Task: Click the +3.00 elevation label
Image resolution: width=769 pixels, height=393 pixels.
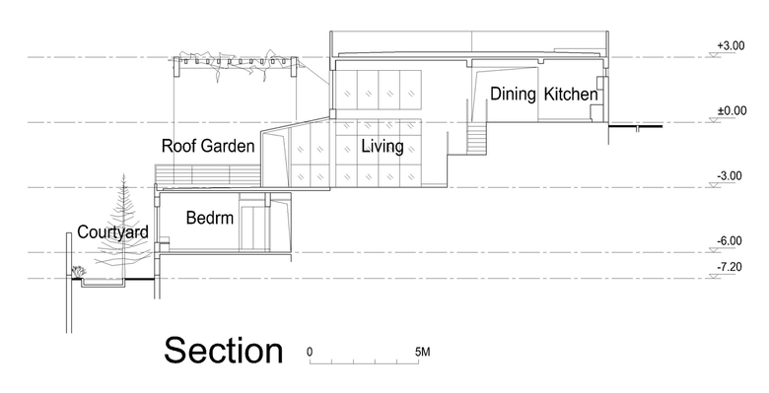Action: pos(731,45)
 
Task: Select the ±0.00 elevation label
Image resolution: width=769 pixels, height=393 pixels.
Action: pos(732,110)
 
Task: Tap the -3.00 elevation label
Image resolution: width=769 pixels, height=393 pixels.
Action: pos(730,176)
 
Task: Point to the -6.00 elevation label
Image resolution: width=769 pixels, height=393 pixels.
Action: pos(730,241)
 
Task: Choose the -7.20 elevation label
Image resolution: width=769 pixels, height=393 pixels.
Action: pos(730,267)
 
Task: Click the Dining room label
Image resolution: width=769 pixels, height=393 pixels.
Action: pos(513,94)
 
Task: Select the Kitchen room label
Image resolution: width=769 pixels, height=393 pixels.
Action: pos(571,94)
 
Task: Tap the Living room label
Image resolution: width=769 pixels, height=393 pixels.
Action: pos(383,146)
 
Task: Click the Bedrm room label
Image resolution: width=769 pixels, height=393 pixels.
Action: pos(210,218)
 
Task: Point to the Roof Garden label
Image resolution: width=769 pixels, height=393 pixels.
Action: pos(208,146)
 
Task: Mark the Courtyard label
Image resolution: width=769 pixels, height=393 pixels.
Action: pos(112,231)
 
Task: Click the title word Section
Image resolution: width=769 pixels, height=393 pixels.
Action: pos(224,351)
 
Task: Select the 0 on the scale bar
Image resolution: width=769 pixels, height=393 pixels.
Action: pos(310,352)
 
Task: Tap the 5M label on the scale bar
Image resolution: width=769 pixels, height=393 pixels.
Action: pos(422,352)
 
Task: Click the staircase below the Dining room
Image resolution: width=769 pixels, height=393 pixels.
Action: pos(476,137)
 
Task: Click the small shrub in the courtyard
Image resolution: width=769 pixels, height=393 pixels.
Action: pos(79,271)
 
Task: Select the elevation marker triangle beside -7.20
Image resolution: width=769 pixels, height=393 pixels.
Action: pos(715,276)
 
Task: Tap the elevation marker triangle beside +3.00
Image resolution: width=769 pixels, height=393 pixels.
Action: pos(715,54)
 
